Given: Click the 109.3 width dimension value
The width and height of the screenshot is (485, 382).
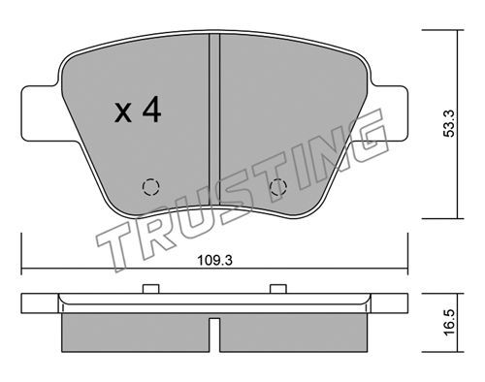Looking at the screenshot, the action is pyautogui.click(x=214, y=260).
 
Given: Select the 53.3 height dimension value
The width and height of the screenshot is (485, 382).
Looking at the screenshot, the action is pyautogui.click(x=449, y=123).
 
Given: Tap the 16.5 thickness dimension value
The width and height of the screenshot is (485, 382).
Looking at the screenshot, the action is pyautogui.click(x=449, y=323).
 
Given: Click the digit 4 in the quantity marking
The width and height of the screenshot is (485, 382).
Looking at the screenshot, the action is pyautogui.click(x=152, y=110).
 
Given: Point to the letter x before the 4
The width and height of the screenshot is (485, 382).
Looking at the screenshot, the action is pyautogui.click(x=123, y=112).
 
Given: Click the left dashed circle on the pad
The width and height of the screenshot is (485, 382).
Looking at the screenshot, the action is pyautogui.click(x=151, y=187).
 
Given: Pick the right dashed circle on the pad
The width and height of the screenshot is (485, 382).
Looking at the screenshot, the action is pyautogui.click(x=278, y=187).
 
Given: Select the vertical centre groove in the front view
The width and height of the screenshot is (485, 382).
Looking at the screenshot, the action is pyautogui.click(x=214, y=119).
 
